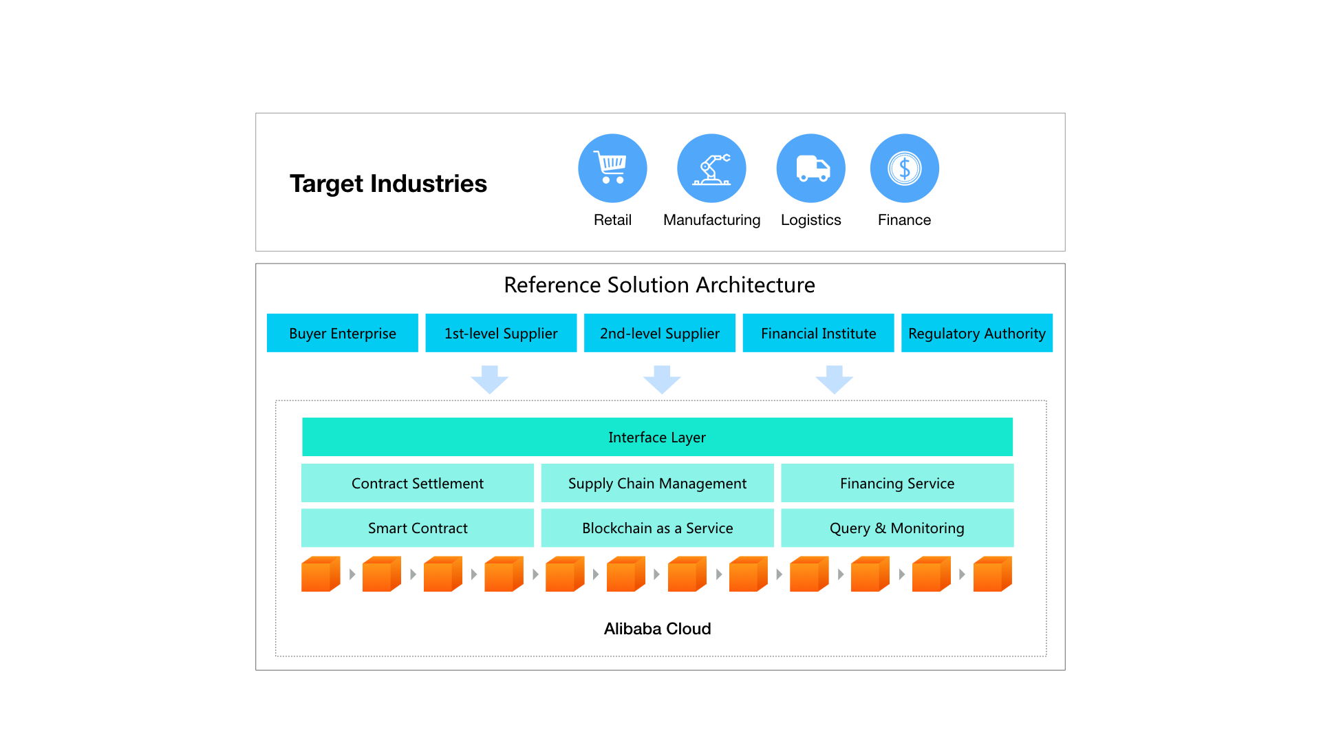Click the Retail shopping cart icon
[612, 168]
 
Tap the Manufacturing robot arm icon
[711, 168]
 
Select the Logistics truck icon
[810, 168]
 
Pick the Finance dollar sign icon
[904, 168]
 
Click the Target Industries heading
[388, 184]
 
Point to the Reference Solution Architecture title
[659, 285]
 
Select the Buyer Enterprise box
[343, 333]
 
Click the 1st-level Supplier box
[501, 333]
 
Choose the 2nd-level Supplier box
[660, 333]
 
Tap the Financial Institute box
[818, 333]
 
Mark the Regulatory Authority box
[977, 333]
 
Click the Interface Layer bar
[657, 437]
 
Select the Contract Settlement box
[418, 483]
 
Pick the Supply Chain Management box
[657, 483]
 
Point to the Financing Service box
[897, 483]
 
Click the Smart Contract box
[418, 528]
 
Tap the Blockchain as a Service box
[657, 528]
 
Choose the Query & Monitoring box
[897, 528]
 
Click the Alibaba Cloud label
[657, 629]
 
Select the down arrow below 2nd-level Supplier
[662, 380]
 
